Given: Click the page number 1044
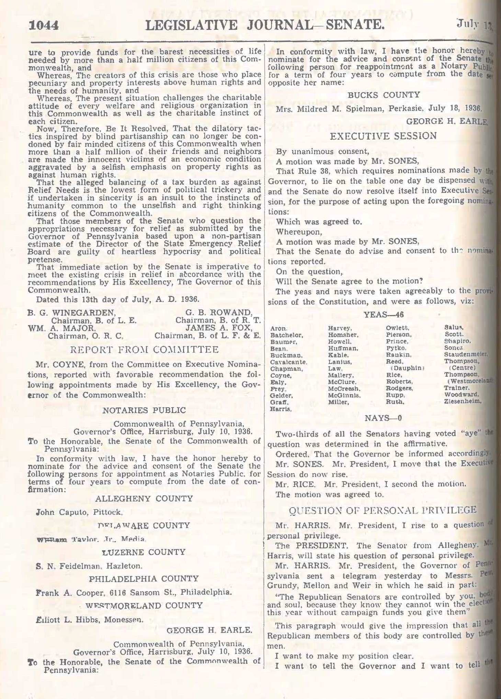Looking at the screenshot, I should coord(45,26).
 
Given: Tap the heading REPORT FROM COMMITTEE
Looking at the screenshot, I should coord(144,350).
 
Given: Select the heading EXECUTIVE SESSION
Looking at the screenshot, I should coord(383,136).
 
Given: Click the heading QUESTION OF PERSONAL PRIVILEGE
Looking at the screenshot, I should coord(383,510).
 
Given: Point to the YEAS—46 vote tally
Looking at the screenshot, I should coord(383,315).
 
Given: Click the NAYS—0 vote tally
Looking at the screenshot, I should coord(383,418).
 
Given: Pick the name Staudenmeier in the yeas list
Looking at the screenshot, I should coord(466,354).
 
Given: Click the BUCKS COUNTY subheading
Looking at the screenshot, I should coord(384,95).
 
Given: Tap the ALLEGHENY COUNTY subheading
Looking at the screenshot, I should coord(144,498).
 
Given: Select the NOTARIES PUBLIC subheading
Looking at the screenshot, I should coord(144,410).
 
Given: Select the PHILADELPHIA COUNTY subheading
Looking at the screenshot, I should coord(144,579).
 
